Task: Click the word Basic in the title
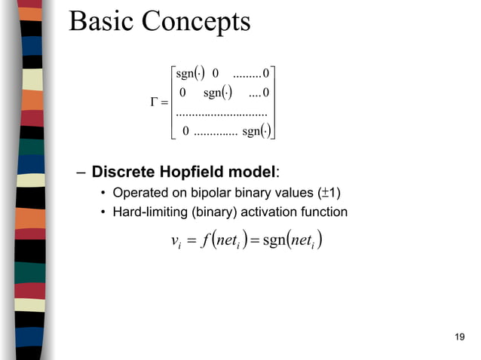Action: pyautogui.click(x=99, y=22)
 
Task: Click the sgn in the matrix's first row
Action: pyautogui.click(x=184, y=74)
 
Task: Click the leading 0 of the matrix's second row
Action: pyautogui.click(x=181, y=93)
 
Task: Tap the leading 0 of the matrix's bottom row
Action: pyautogui.click(x=185, y=132)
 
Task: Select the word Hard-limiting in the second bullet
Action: pyautogui.click(x=148, y=212)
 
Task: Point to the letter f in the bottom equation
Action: pyautogui.click(x=207, y=242)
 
